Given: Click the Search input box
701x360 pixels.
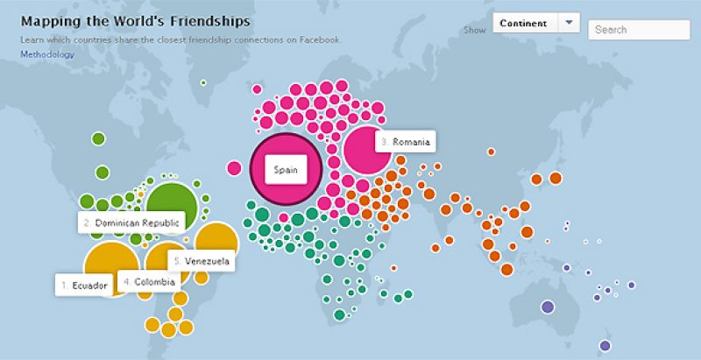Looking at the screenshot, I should pyautogui.click(x=627, y=30).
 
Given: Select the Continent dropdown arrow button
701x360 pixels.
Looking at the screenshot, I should pyautogui.click(x=569, y=23).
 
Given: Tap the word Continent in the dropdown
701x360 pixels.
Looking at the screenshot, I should pyautogui.click(x=524, y=23).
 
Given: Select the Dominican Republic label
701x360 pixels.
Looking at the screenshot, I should pyautogui.click(x=131, y=223).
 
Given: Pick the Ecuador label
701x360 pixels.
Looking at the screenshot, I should pyautogui.click(x=85, y=286).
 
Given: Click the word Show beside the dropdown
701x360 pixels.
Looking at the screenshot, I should pyautogui.click(x=474, y=30).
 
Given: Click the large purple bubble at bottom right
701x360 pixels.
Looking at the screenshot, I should pyautogui.click(x=548, y=307).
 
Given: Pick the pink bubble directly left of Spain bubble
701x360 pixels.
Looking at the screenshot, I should pyautogui.click(x=234, y=168).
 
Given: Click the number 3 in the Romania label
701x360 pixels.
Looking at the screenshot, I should pyautogui.click(x=383, y=141).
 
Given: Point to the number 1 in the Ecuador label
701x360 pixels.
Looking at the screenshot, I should pyautogui.click(x=63, y=286).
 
